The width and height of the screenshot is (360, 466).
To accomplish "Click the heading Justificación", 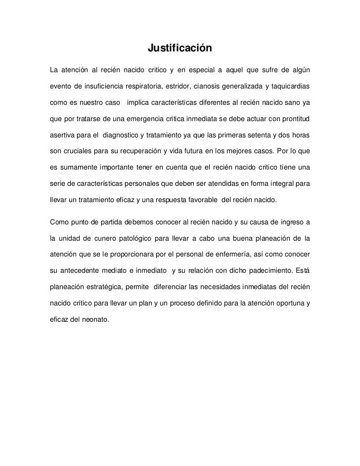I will tap(180, 49).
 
